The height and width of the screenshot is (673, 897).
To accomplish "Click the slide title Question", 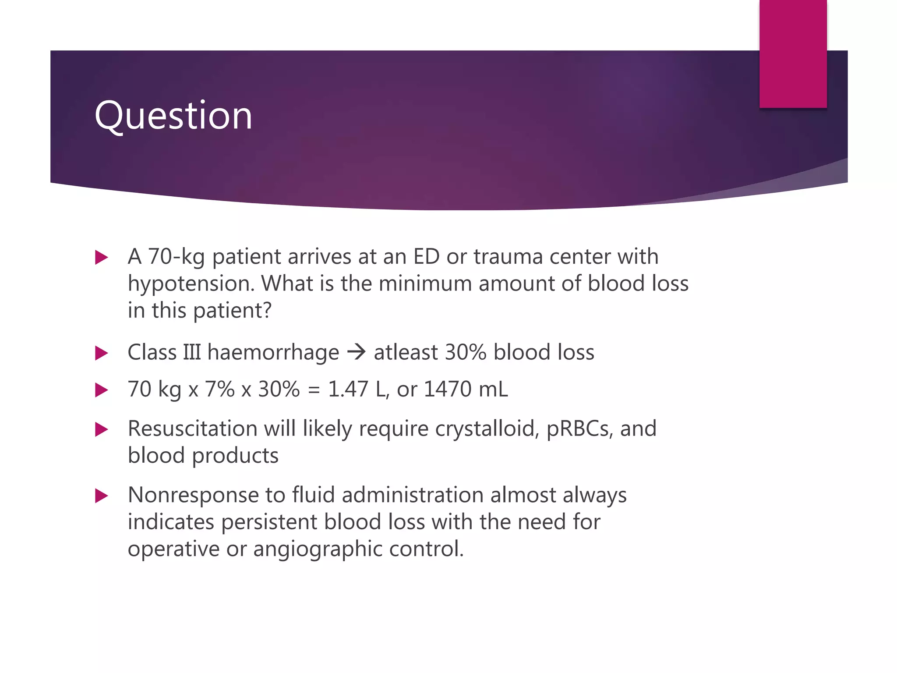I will point(173,116).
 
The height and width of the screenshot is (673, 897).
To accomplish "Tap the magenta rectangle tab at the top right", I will point(793,53).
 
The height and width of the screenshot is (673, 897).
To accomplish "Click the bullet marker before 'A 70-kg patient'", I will point(101,257).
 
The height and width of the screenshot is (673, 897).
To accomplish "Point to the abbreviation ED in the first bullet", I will point(426,257).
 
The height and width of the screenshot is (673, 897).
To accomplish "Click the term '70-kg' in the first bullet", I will point(177,257).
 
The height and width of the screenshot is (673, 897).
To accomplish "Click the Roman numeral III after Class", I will point(192,352).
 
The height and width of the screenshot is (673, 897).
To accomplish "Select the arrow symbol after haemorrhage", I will point(356,352).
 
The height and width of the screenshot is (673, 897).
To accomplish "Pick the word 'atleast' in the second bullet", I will point(406,352).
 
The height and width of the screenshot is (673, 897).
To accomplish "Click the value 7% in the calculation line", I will point(219,389).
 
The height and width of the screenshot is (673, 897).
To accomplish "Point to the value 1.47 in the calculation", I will point(348,389).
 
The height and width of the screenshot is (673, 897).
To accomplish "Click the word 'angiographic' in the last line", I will point(317,549).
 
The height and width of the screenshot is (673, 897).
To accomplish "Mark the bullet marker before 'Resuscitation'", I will point(101,429).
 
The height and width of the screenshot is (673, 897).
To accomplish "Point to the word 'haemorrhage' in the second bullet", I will point(273,352).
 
